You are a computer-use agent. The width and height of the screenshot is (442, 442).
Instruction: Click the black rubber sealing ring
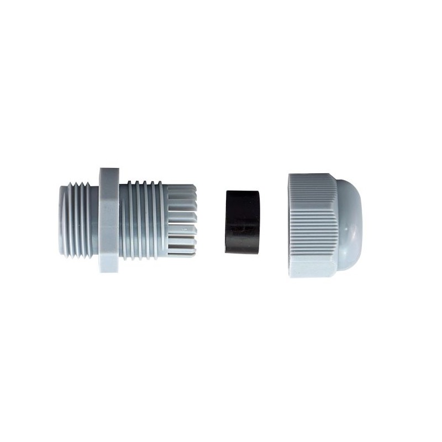pos(243,222)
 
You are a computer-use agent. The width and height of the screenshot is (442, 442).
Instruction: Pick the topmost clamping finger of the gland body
pos(181,190)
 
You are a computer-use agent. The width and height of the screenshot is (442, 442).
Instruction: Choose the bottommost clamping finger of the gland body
pos(181,252)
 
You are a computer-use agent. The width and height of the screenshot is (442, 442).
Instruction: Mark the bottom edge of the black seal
pos(243,252)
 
